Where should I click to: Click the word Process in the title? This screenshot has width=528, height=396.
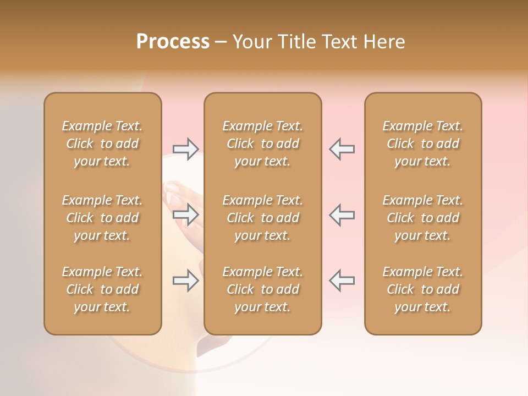pyautogui.click(x=173, y=42)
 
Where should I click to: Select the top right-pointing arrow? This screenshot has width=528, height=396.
pyautogui.click(x=185, y=149)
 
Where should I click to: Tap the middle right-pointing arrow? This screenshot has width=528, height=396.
pyautogui.click(x=185, y=215)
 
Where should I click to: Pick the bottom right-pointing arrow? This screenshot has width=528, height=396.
pyautogui.click(x=185, y=281)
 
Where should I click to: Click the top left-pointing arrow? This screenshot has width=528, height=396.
pyautogui.click(x=342, y=149)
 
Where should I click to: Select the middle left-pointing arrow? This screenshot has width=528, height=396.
pyautogui.click(x=342, y=215)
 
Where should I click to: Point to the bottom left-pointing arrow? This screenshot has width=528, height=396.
pyautogui.click(x=342, y=281)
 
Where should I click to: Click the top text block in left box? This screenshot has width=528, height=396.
pyautogui.click(x=102, y=144)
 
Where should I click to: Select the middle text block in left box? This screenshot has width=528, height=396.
pyautogui.click(x=102, y=218)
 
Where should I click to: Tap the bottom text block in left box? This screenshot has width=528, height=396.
pyautogui.click(x=102, y=289)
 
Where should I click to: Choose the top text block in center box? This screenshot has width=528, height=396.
pyautogui.click(x=262, y=144)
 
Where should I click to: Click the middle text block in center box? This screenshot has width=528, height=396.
pyautogui.click(x=262, y=218)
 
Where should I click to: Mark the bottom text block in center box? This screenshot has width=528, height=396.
pyautogui.click(x=262, y=289)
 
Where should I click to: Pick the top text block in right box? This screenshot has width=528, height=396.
pyautogui.click(x=422, y=144)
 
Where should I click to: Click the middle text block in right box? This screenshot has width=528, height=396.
pyautogui.click(x=422, y=218)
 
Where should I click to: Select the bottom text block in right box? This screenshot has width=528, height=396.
pyautogui.click(x=422, y=289)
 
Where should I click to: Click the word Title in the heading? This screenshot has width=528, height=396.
pyautogui.click(x=295, y=42)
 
